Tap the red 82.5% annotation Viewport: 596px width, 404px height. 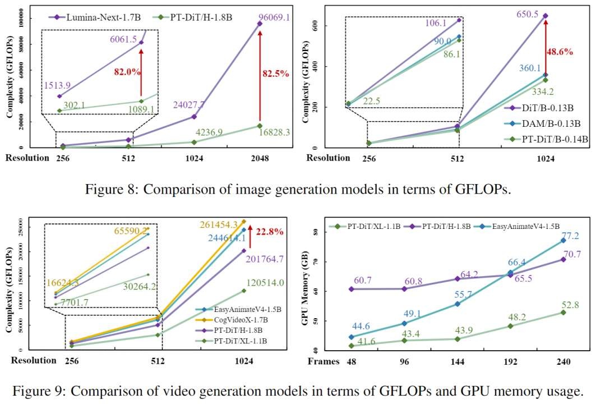[275, 72]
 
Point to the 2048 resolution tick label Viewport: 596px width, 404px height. [259, 158]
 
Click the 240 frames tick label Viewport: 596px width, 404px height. [562, 361]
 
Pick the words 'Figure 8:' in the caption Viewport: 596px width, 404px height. [109, 189]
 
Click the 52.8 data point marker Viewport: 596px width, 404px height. [562, 312]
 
